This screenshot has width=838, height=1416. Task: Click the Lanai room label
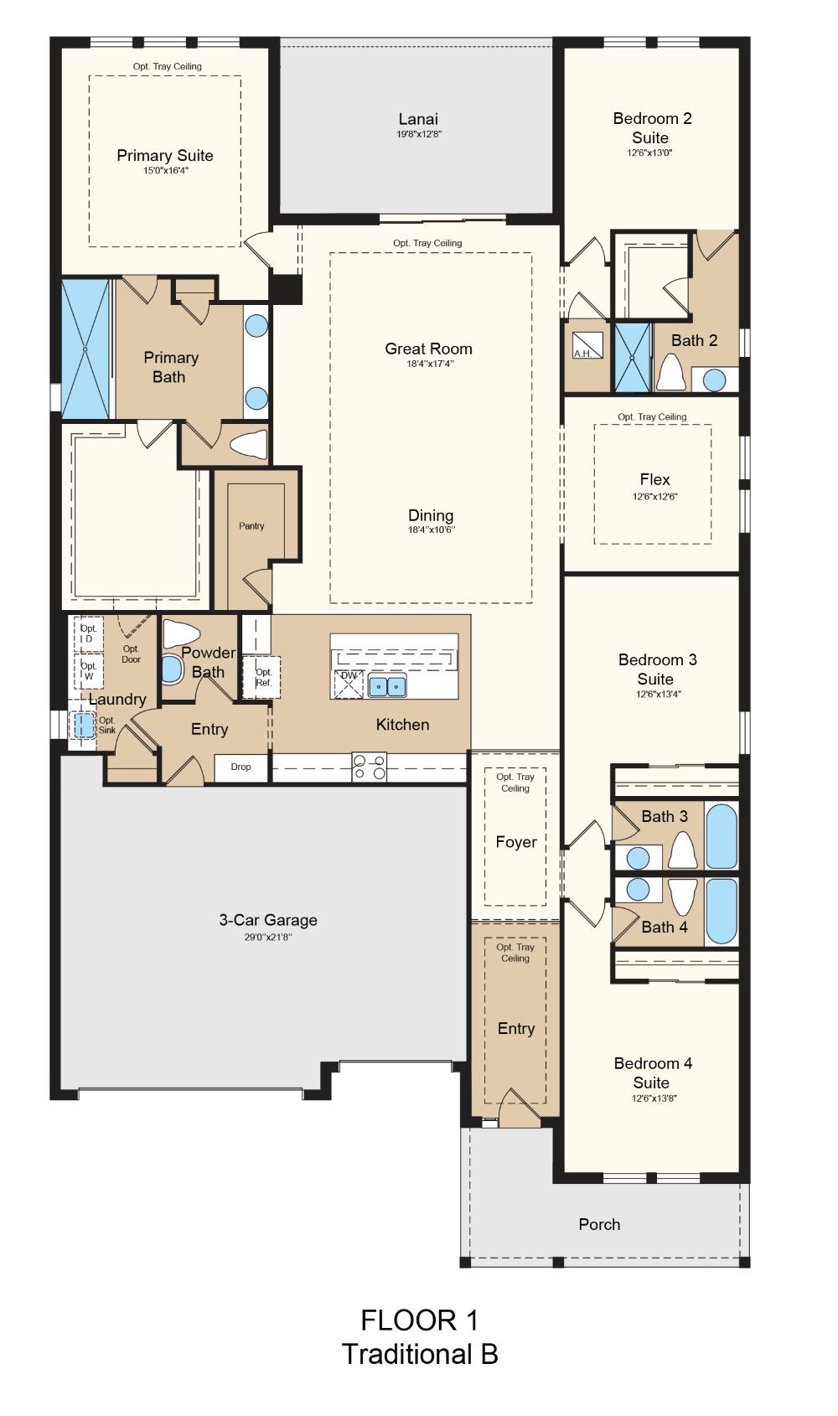click(418, 119)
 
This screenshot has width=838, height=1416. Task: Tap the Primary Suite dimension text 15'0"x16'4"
click(166, 171)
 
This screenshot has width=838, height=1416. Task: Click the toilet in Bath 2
click(671, 372)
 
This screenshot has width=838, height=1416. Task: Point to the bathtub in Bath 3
click(722, 835)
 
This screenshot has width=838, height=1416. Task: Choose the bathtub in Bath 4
click(722, 911)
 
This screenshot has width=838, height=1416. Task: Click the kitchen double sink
click(387, 686)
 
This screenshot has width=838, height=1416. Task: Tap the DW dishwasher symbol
click(349, 685)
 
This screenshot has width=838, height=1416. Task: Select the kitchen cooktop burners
click(370, 767)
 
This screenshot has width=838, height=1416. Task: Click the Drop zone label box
click(241, 767)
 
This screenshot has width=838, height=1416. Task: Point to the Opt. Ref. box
click(261, 678)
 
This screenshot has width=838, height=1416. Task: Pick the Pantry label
click(251, 526)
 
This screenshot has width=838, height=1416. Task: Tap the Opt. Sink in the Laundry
click(84, 725)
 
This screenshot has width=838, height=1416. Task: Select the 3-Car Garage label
click(268, 920)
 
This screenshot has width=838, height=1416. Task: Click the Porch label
click(599, 1224)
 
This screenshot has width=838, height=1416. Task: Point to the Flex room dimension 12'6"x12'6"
click(654, 497)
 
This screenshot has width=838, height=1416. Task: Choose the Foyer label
click(516, 842)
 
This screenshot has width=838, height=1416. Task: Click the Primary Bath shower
click(86, 349)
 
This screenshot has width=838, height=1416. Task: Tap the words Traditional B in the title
click(420, 1354)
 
